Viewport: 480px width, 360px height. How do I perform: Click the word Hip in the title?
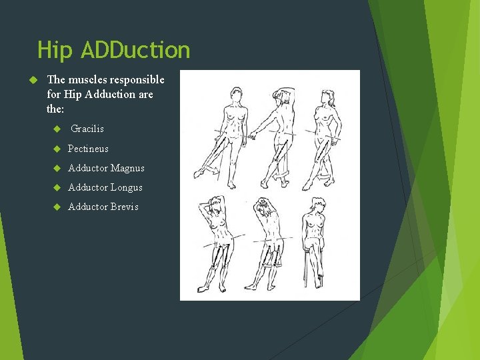(x=55, y=50)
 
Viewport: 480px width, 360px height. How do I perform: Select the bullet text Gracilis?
(x=87, y=129)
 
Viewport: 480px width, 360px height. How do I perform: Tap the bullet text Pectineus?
(x=88, y=149)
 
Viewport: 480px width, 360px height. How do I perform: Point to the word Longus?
(x=127, y=187)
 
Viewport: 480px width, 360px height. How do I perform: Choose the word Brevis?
(x=125, y=207)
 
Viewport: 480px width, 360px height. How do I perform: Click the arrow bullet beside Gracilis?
(x=57, y=129)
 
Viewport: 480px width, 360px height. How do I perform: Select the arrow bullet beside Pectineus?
(x=57, y=149)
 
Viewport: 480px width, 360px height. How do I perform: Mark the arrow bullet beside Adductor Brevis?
(x=57, y=207)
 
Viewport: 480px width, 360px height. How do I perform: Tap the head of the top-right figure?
(x=331, y=98)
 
